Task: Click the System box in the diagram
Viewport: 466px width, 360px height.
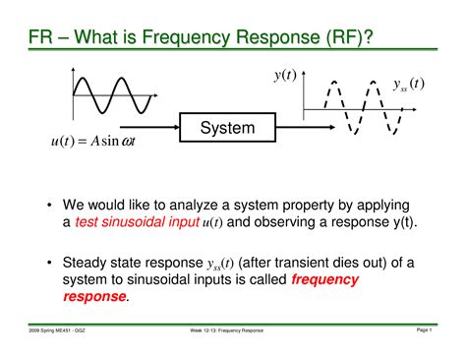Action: (x=227, y=128)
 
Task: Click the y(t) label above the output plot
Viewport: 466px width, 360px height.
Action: (x=286, y=75)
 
